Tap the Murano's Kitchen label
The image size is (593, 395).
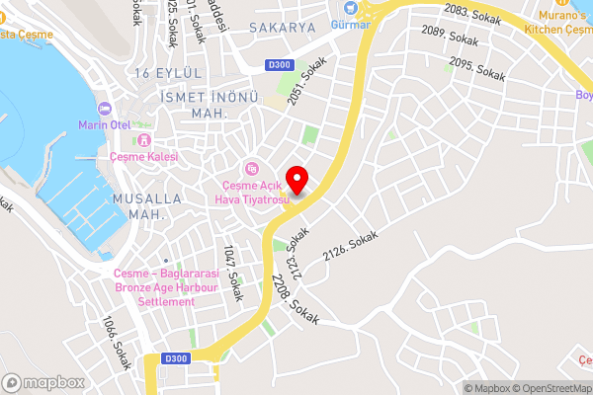[x=564, y=22]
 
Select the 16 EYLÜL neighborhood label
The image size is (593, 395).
[x=172, y=74]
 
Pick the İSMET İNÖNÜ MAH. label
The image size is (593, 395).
[x=195, y=106]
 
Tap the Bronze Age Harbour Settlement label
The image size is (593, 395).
[x=154, y=287]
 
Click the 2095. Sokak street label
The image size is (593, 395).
[x=476, y=68]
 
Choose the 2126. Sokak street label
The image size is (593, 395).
[x=351, y=241]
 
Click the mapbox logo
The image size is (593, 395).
[x=42, y=382]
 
